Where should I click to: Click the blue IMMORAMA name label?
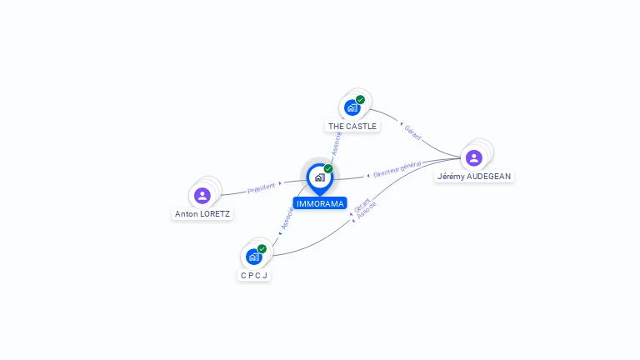point(320,203)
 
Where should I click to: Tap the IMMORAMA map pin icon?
point(320,179)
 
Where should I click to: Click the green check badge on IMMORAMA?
point(328,168)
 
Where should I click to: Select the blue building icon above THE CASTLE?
point(352,107)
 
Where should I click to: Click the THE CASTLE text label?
point(352,126)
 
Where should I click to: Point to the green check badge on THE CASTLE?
point(360,100)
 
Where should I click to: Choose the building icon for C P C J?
point(254,257)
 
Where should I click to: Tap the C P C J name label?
point(254,276)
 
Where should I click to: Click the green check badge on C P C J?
point(262,248)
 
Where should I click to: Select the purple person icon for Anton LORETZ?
point(202,196)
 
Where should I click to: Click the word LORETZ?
point(215,214)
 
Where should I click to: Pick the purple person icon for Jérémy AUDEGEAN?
point(474,158)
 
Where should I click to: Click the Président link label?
point(261,188)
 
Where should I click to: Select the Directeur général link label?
point(397,169)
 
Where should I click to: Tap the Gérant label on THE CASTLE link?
point(412,132)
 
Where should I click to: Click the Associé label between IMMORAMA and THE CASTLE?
point(337,143)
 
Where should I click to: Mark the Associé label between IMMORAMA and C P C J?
point(287,218)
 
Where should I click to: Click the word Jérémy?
point(451,177)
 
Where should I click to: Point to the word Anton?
point(186,214)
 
